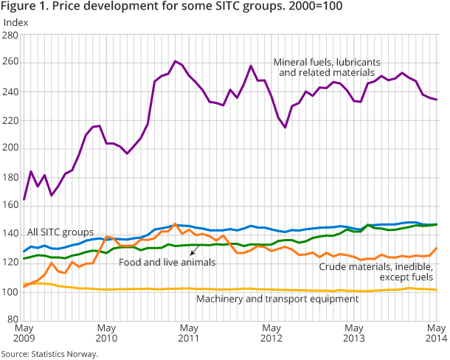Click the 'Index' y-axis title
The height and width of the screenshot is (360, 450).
click(16, 21)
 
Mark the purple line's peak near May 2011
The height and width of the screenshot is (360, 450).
click(175, 61)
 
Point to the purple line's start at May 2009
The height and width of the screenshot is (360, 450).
click(24, 199)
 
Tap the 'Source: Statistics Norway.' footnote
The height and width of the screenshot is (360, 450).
click(49, 354)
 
